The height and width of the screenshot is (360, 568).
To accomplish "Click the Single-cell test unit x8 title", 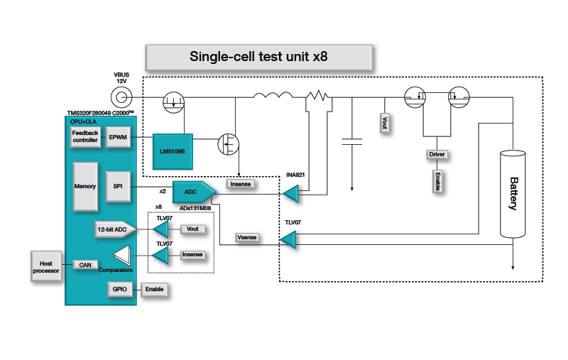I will click(x=258, y=57).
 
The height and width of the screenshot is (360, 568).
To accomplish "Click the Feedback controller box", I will click(x=84, y=137).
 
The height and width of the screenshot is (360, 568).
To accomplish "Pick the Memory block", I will click(x=85, y=186).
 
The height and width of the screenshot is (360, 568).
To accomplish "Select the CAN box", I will click(x=85, y=264).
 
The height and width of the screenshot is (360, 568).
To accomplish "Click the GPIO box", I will click(x=118, y=290).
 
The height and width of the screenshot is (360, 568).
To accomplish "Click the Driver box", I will click(x=437, y=154).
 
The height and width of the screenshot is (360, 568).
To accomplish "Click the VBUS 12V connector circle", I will click(x=120, y=95).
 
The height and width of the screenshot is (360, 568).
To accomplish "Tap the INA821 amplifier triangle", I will click(x=290, y=192).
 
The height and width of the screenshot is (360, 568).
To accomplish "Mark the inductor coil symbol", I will click(x=273, y=97).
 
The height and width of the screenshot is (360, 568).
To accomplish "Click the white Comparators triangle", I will click(x=124, y=254).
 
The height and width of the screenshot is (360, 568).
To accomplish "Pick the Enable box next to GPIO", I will click(x=154, y=290).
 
